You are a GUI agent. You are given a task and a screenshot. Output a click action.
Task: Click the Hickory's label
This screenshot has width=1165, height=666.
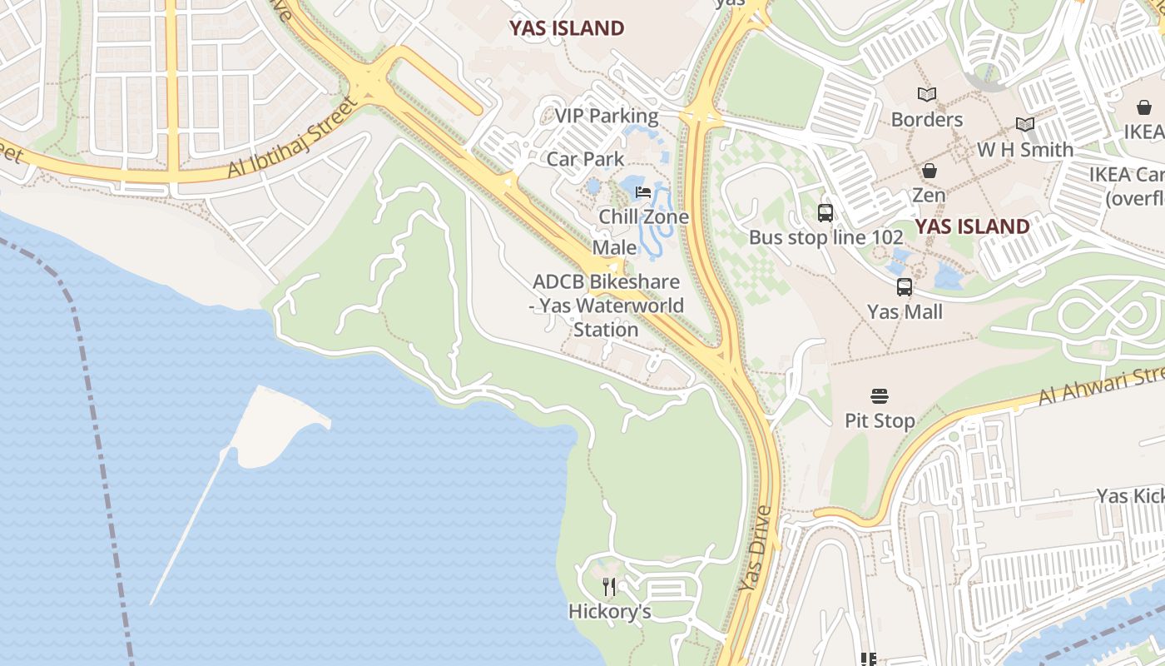(609, 612)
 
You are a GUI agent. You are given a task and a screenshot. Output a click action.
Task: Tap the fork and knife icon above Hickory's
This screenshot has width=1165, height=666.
(609, 587)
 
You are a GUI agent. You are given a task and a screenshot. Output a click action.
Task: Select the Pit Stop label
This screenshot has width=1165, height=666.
(880, 420)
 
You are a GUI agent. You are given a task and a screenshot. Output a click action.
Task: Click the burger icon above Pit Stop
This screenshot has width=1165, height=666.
(880, 396)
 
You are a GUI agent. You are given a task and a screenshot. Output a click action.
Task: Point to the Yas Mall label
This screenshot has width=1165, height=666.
(905, 311)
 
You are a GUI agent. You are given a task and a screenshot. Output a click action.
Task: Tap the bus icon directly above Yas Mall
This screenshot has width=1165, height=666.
(905, 287)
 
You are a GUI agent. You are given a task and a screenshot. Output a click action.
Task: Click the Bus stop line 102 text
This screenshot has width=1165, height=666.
(825, 237)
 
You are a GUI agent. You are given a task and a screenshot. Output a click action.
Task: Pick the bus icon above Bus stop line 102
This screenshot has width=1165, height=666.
(825, 213)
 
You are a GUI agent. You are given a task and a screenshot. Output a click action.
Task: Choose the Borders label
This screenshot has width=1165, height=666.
(926, 119)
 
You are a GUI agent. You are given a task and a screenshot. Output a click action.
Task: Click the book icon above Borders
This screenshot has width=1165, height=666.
(926, 95)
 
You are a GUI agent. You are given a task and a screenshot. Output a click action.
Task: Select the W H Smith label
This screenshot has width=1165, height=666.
(1024, 150)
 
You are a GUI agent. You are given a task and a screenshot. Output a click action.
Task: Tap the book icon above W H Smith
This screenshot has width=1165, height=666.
(1024, 125)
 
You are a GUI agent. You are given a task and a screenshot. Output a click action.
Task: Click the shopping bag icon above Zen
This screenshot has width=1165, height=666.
(929, 171)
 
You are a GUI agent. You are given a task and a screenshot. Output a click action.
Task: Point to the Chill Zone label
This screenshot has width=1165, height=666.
(644, 216)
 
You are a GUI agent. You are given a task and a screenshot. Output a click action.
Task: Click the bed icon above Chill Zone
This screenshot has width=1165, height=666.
(643, 192)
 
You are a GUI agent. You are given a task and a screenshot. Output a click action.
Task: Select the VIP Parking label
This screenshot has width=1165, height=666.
(607, 116)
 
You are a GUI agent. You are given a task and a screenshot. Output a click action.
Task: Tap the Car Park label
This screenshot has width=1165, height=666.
(586, 158)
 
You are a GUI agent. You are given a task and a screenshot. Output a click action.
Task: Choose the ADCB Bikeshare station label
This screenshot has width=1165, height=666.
(607, 306)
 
